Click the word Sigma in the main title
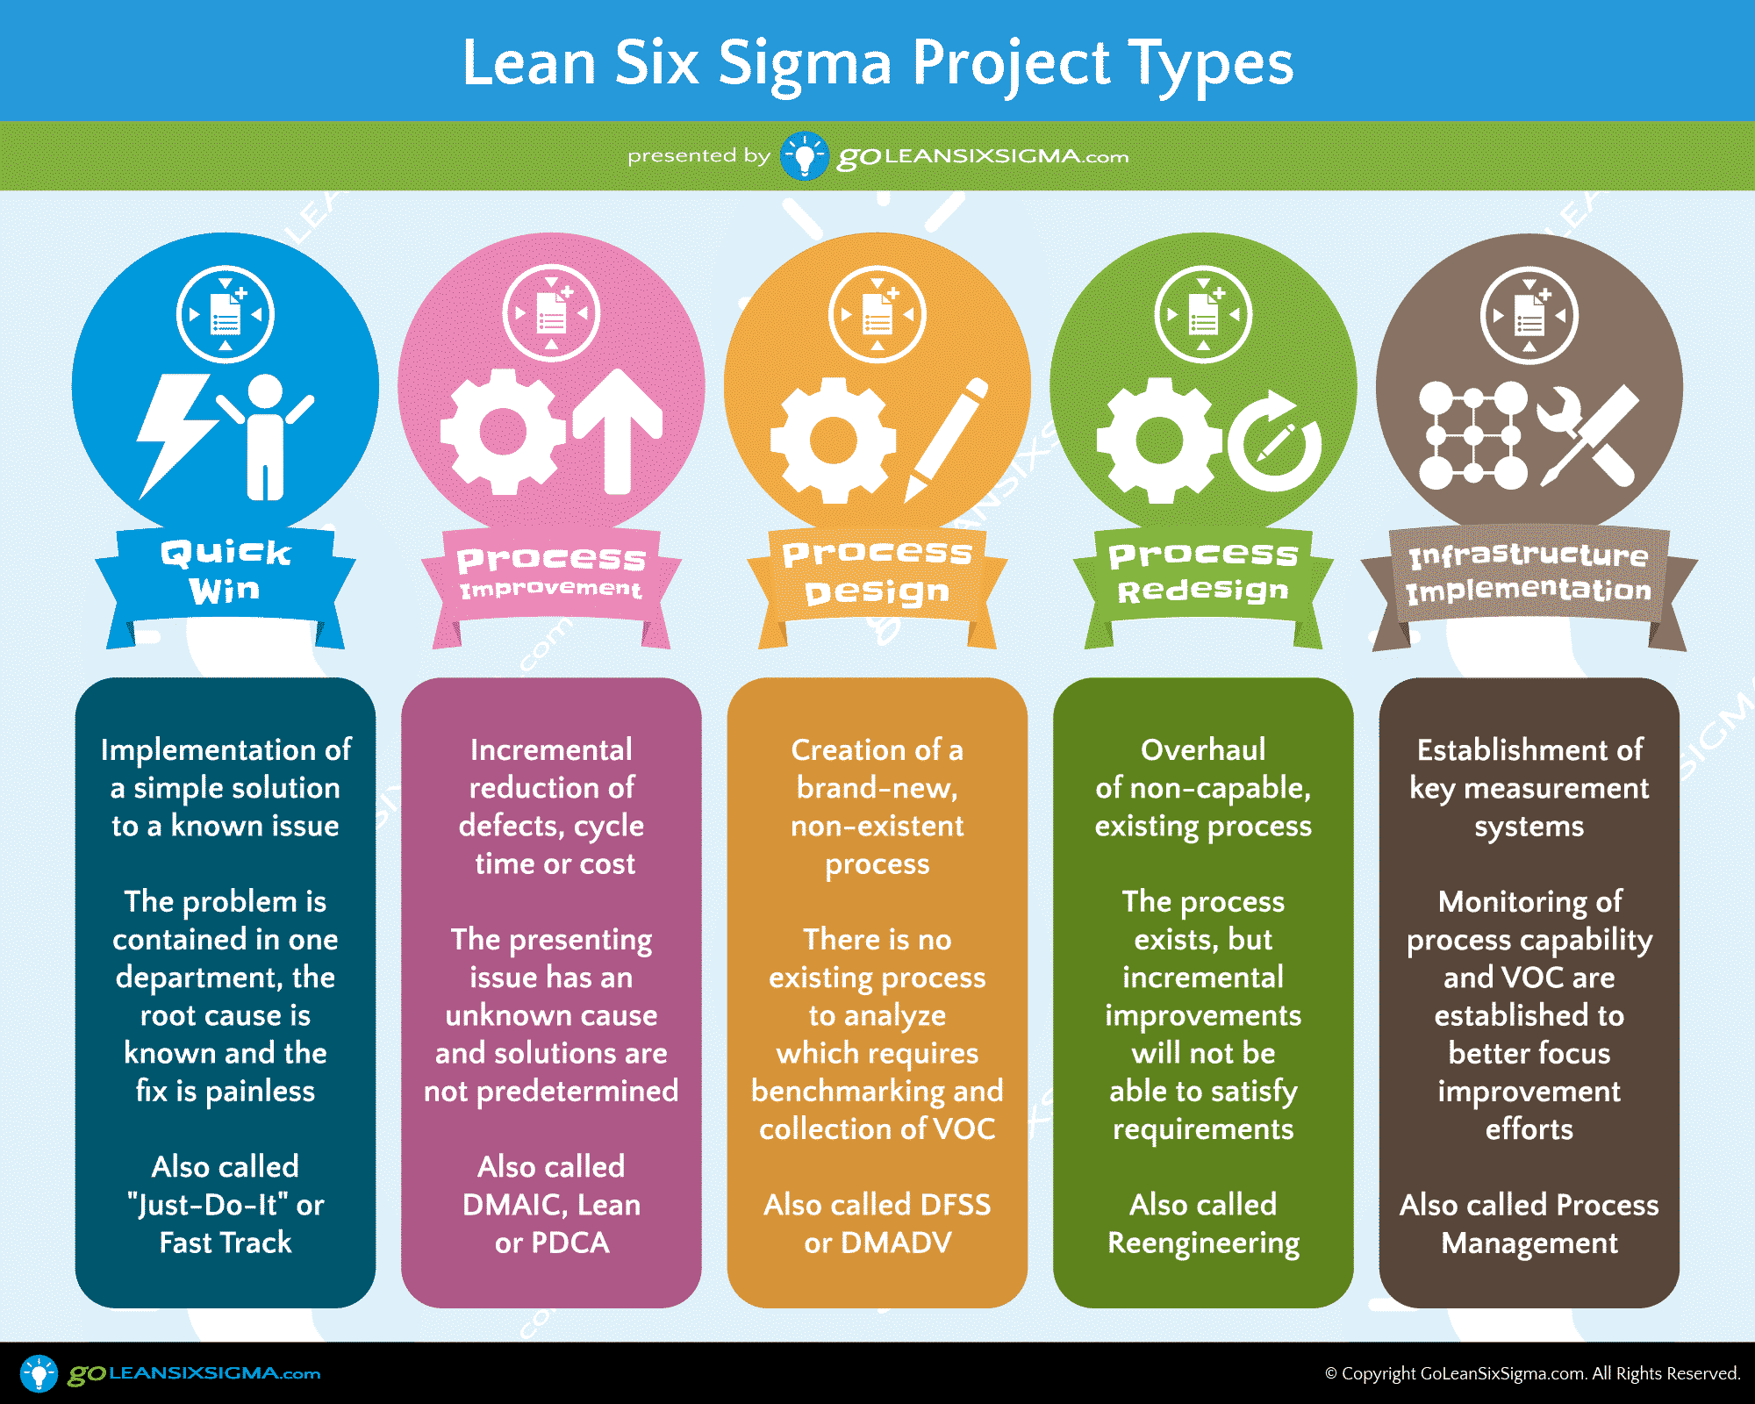point(805,64)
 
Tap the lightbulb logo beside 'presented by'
point(805,156)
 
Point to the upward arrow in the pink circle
point(618,431)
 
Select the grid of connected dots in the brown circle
point(1473,435)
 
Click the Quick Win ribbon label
point(226,571)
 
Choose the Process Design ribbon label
point(877,572)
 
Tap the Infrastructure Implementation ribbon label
point(1529,572)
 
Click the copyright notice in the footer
point(1532,1373)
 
